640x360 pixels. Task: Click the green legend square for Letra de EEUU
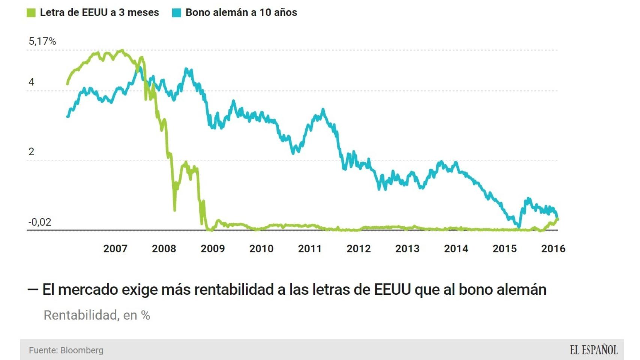click(x=31, y=13)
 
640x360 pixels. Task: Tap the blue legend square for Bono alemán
click(x=177, y=13)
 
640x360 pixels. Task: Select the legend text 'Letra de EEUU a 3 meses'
click(x=99, y=12)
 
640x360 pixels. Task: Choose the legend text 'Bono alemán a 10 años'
click(x=241, y=12)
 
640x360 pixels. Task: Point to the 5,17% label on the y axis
click(x=42, y=41)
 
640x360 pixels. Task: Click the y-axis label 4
click(x=32, y=82)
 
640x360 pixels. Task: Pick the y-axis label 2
click(x=32, y=151)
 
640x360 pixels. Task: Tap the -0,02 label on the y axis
click(x=40, y=222)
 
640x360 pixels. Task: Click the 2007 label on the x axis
click(x=115, y=249)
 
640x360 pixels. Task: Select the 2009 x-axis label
click(x=213, y=249)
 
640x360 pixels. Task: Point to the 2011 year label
click(x=310, y=249)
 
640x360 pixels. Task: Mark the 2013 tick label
click(x=407, y=249)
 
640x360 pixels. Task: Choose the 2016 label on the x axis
click(x=553, y=249)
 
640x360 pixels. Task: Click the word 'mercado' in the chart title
click(x=88, y=289)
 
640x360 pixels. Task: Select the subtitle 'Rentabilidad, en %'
click(x=97, y=315)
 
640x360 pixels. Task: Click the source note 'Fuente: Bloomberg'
click(x=66, y=350)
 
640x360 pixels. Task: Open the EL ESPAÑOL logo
click(x=593, y=350)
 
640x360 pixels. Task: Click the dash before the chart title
click(x=33, y=289)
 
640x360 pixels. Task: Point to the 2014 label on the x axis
click(x=456, y=249)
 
